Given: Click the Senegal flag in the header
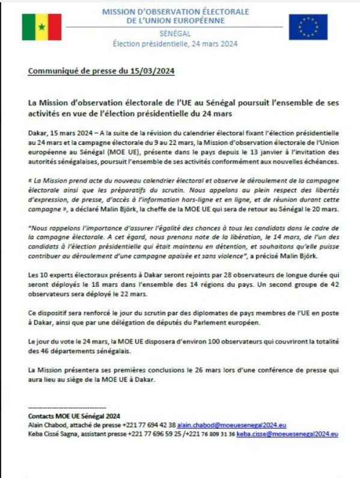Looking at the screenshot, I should coord(41,27).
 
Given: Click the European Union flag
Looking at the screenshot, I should coord(308,27).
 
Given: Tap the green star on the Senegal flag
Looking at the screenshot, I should coord(41,28).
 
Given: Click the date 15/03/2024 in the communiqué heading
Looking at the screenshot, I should coord(153,72).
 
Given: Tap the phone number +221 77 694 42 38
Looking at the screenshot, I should coord(148,424).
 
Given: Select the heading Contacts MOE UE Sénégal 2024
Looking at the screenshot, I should coord(75,415).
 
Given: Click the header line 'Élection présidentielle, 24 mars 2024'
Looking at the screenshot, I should coord(175,43).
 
